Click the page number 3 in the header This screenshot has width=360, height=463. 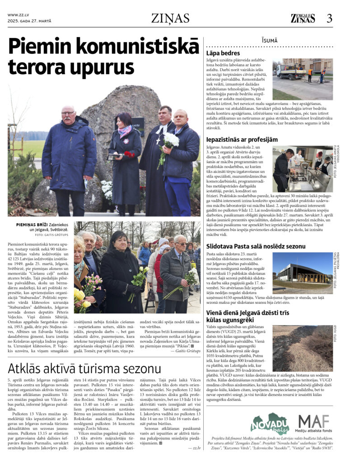pos(329,18)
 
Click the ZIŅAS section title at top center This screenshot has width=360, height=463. pos(170,18)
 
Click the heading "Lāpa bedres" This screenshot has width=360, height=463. pos(223,53)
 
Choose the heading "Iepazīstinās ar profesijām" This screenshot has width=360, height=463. pos(242,139)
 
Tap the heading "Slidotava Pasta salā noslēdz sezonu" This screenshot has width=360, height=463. pos(256,246)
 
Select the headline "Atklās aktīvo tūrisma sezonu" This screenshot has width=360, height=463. pos(84,368)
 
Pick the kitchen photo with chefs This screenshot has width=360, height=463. pos(302,169)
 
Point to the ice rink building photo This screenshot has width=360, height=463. pos(302,273)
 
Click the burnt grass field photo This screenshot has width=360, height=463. pos(302,348)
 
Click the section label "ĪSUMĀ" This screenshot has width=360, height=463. pos(269,41)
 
